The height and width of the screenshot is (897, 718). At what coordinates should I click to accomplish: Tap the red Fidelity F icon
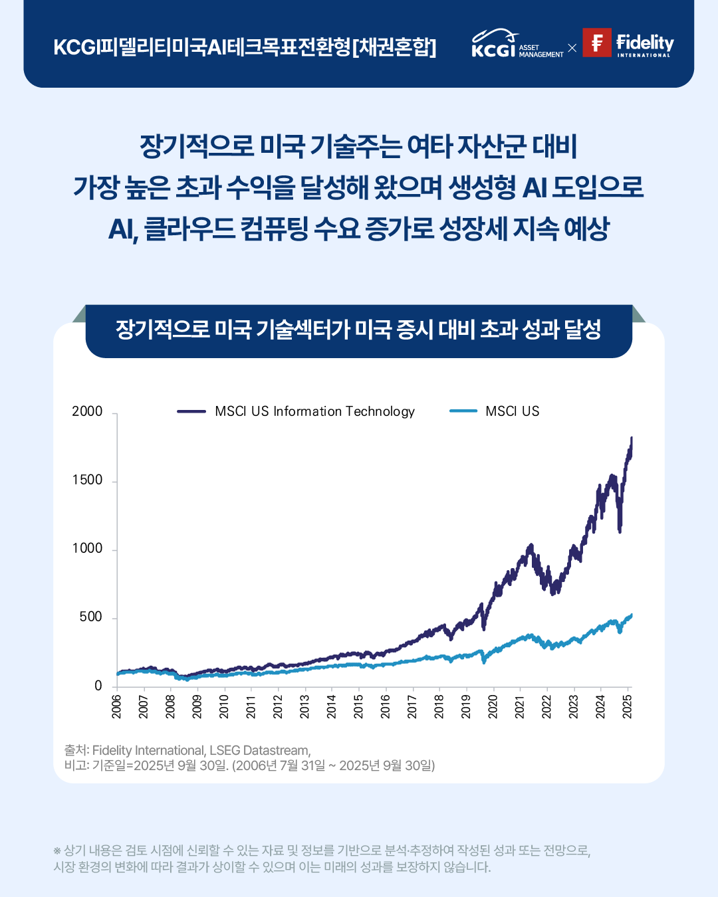tap(596, 43)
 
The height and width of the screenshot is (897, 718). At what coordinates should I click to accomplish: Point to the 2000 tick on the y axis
tap(87, 411)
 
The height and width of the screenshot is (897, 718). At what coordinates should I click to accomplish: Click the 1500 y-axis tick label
tap(87, 480)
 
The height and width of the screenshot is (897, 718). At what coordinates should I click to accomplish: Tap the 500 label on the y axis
tap(90, 617)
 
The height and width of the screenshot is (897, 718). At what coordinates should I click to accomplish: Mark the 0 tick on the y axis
tap(98, 685)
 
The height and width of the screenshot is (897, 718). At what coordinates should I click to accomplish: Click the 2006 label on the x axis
tap(117, 706)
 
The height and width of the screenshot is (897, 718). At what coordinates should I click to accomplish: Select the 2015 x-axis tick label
tap(358, 706)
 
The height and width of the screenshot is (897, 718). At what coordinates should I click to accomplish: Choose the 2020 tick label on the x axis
tap(493, 706)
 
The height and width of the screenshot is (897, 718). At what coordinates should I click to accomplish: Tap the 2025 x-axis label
tap(627, 706)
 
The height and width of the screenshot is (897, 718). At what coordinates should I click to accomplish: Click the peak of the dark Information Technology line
tap(631, 439)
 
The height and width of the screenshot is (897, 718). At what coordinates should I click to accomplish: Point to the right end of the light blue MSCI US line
tap(631, 615)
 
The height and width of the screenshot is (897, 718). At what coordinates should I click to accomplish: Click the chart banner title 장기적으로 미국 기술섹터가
tap(358, 330)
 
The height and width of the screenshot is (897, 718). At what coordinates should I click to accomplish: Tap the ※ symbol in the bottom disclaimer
tap(57, 850)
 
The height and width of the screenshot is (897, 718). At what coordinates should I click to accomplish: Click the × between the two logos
tap(572, 48)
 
